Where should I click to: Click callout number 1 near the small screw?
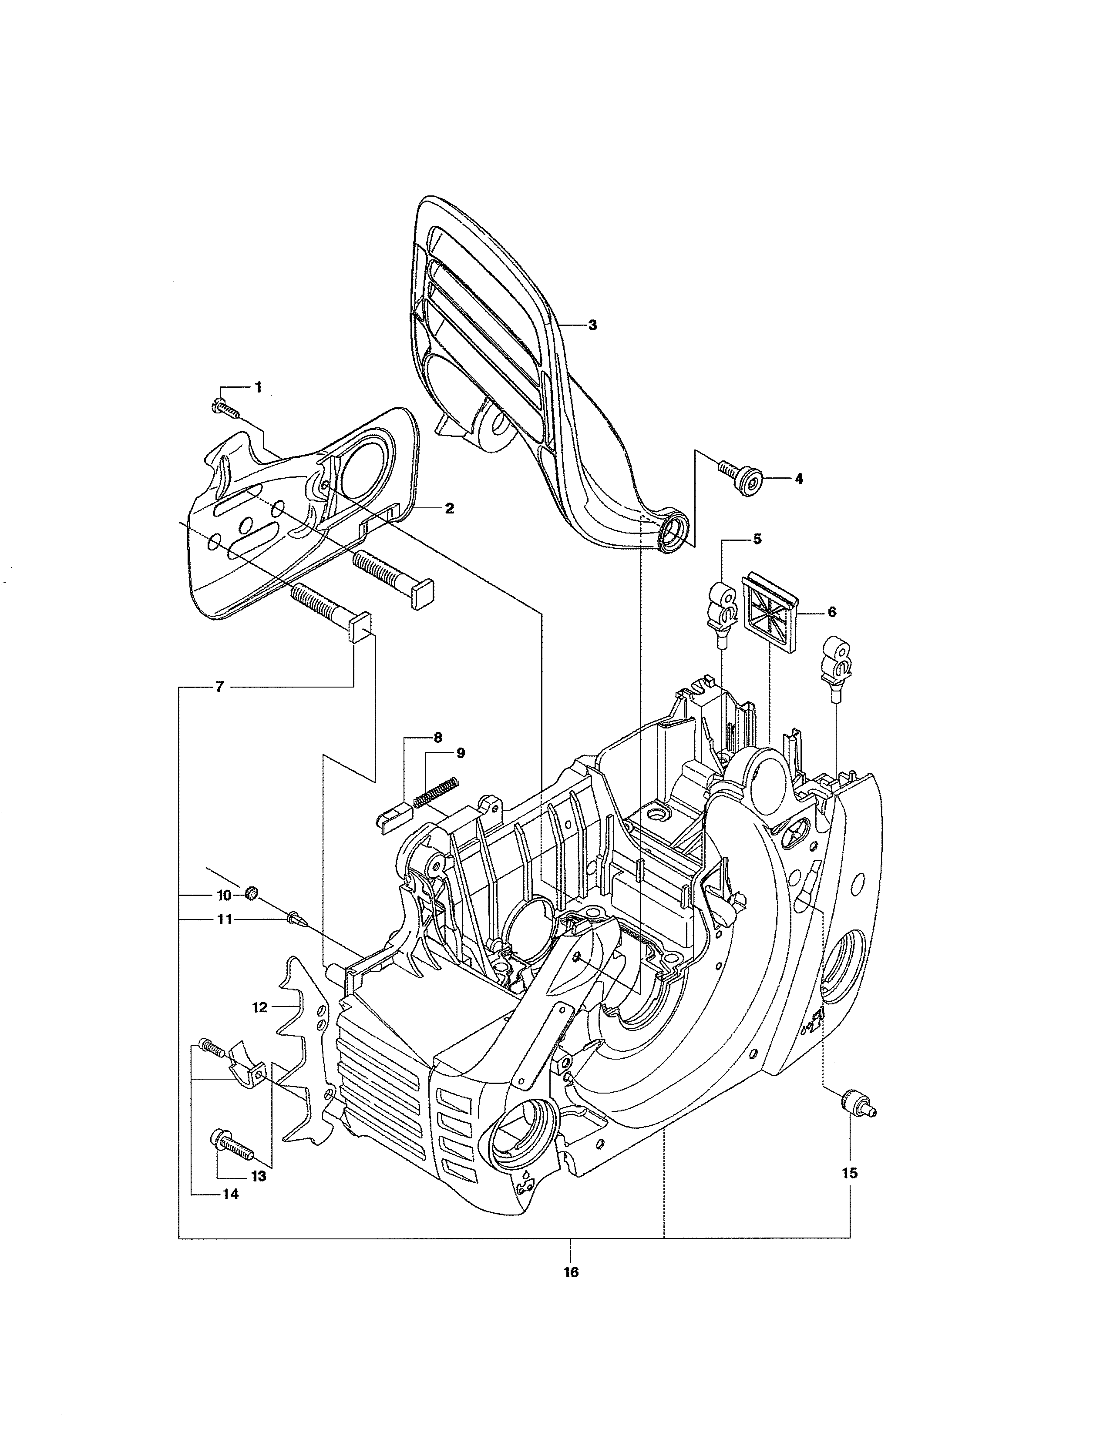click(x=258, y=387)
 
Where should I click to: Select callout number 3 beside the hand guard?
click(x=592, y=325)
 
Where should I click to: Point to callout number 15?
click(x=850, y=1173)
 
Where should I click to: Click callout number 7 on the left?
click(x=220, y=687)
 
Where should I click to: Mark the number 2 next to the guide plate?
click(x=449, y=508)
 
